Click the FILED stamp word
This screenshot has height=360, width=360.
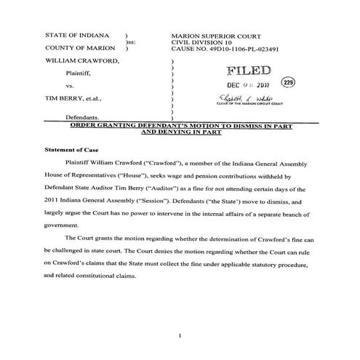click(249, 71)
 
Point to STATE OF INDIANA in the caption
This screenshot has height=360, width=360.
click(77, 35)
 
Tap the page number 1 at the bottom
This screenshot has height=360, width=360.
click(179, 335)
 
